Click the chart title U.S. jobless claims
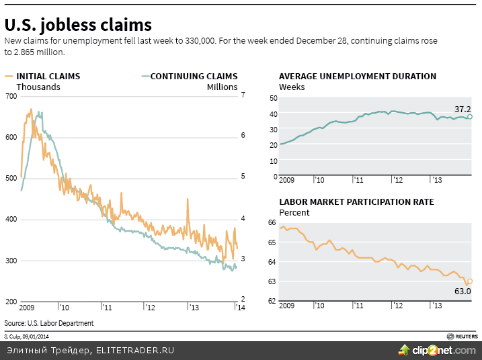click(78, 26)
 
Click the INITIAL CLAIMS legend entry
click(48, 77)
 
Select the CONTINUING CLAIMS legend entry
click(194, 77)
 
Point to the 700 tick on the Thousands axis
click(10, 96)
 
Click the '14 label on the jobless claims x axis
click(239, 308)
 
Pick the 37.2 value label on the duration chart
click(462, 108)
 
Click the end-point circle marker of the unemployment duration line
click(470, 117)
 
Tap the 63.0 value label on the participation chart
click(463, 291)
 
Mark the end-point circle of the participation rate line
click(470, 281)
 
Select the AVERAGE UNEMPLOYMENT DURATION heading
click(357, 77)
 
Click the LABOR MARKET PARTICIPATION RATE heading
click(356, 202)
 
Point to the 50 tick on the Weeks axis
click(273, 99)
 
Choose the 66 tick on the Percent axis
click(273, 223)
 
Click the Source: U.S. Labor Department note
click(48, 323)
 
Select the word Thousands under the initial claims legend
click(38, 87)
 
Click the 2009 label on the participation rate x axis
click(287, 306)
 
